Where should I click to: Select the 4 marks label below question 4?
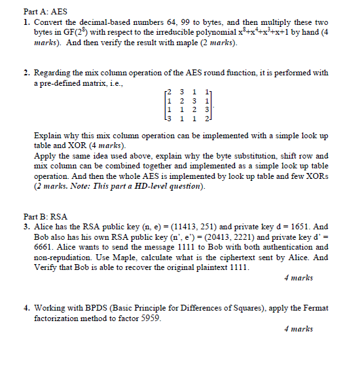pyautogui.click(x=298, y=328)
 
